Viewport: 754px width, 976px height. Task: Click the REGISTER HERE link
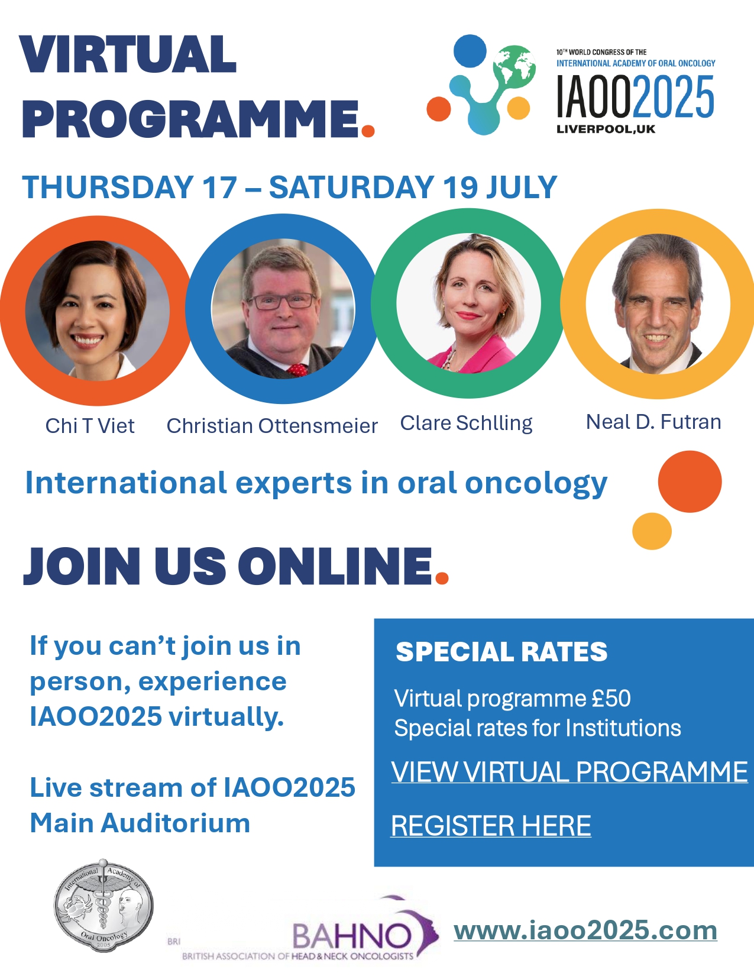tap(491, 826)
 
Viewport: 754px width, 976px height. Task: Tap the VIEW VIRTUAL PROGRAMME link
tap(569, 772)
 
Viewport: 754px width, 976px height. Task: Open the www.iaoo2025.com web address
tap(585, 930)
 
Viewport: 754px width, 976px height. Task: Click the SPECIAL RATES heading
tap(501, 652)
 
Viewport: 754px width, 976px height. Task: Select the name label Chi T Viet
tap(90, 426)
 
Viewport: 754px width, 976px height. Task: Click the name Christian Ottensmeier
tap(272, 426)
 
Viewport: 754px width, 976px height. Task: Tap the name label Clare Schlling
tap(466, 423)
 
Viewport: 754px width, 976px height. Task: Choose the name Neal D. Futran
tap(653, 422)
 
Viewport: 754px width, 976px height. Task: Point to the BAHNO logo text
tap(352, 936)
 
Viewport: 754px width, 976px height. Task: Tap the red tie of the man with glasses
tap(297, 370)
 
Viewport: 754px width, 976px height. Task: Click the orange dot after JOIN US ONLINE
tap(442, 577)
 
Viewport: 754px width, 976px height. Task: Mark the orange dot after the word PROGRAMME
tap(368, 130)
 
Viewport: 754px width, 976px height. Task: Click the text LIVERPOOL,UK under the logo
tap(606, 130)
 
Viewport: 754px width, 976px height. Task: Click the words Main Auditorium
tap(140, 823)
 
